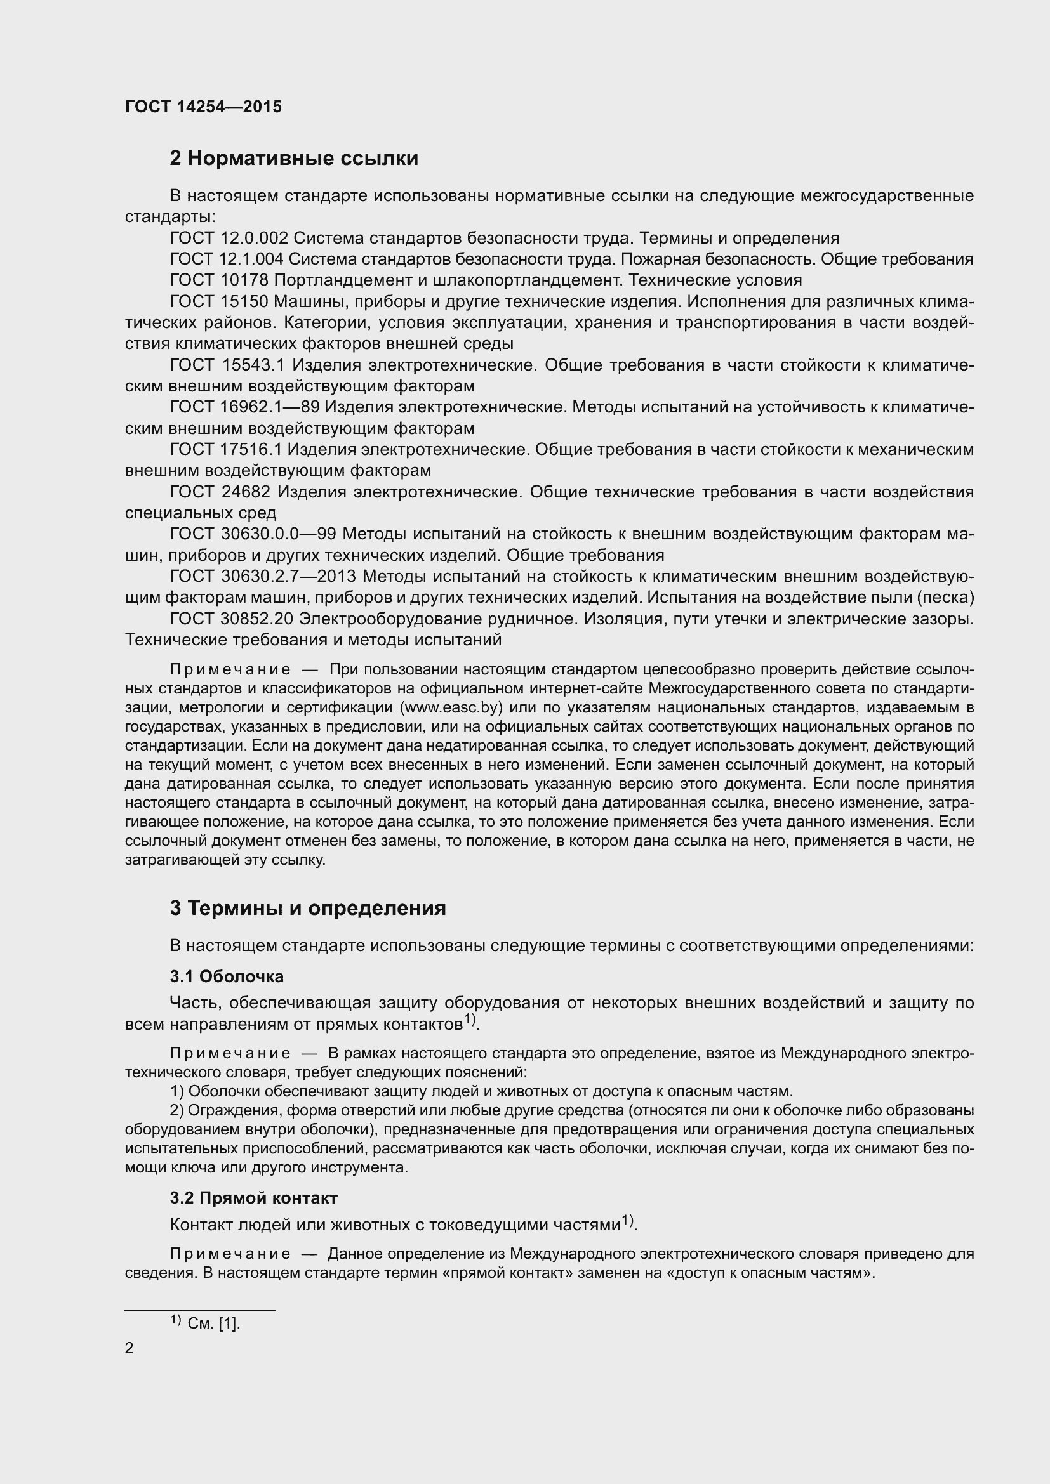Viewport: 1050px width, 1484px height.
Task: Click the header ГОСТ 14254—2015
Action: coord(203,107)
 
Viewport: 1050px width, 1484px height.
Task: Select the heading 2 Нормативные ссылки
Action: coord(293,159)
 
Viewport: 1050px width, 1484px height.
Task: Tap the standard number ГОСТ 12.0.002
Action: coord(229,239)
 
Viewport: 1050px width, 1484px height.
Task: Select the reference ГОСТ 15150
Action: coord(219,302)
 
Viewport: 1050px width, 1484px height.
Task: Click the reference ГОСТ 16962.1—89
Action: coord(244,407)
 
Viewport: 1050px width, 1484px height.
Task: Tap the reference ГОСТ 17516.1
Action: coord(225,449)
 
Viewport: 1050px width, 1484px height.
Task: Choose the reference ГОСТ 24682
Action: coord(220,492)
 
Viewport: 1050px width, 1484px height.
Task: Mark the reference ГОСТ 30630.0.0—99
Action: coord(253,534)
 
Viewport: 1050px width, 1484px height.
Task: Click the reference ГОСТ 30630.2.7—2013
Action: coord(263,577)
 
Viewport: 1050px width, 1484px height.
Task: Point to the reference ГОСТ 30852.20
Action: coord(231,619)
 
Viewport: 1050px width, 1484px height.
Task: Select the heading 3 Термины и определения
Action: coord(308,908)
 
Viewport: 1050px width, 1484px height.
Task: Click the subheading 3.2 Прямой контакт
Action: coord(253,1198)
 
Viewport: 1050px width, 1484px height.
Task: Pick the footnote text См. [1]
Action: coord(213,1323)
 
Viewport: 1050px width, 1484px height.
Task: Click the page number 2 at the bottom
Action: coord(129,1348)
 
